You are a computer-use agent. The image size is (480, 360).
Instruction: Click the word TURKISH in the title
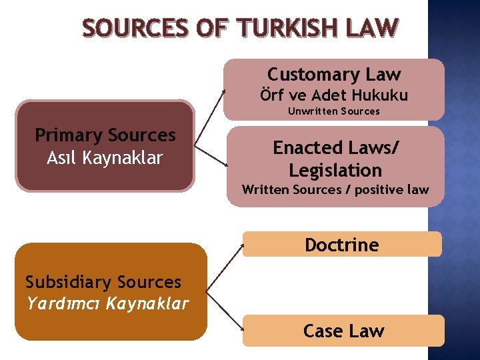(x=282, y=27)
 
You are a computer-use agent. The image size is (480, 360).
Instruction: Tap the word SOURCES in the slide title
(x=136, y=27)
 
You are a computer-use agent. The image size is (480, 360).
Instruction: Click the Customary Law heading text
(x=334, y=74)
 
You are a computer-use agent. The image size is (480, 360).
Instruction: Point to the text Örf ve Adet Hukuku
(x=334, y=95)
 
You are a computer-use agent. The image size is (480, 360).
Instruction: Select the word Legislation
(x=335, y=170)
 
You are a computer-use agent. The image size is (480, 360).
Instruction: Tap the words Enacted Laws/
(x=335, y=147)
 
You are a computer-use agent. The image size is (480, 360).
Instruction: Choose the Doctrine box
(x=341, y=245)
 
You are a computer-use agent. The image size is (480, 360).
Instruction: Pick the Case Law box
(x=343, y=331)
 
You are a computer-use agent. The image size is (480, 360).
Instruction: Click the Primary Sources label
(x=105, y=135)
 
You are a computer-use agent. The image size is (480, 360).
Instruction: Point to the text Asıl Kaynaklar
(x=105, y=158)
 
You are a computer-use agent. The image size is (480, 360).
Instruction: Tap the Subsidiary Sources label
(x=103, y=282)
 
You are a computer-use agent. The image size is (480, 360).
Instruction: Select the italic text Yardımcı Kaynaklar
(x=107, y=304)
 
